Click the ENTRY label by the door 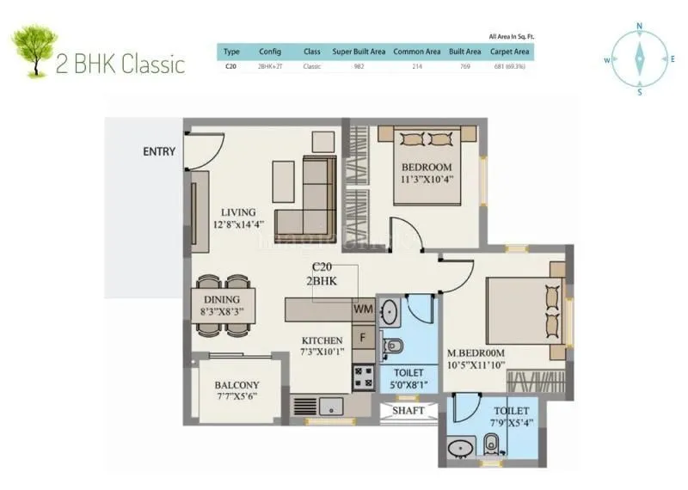[x=159, y=152]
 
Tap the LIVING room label [x=238, y=211]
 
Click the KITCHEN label [x=322, y=340]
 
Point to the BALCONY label [x=237, y=384]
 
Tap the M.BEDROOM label [x=475, y=353]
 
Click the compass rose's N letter [x=639, y=26]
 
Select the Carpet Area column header [x=509, y=52]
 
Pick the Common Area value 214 [x=417, y=64]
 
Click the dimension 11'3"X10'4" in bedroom [x=427, y=180]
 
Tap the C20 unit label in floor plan [x=323, y=267]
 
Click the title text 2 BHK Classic [x=120, y=64]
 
